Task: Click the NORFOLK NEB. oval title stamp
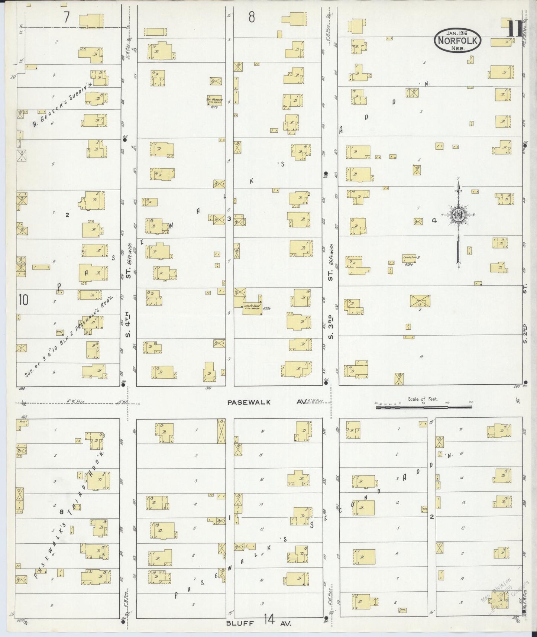[x=457, y=41]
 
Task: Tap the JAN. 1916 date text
[x=457, y=33]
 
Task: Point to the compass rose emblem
[x=458, y=215]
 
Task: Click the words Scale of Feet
[x=423, y=399]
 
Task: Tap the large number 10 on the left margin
[x=23, y=300]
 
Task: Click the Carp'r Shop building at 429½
[x=410, y=258]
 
